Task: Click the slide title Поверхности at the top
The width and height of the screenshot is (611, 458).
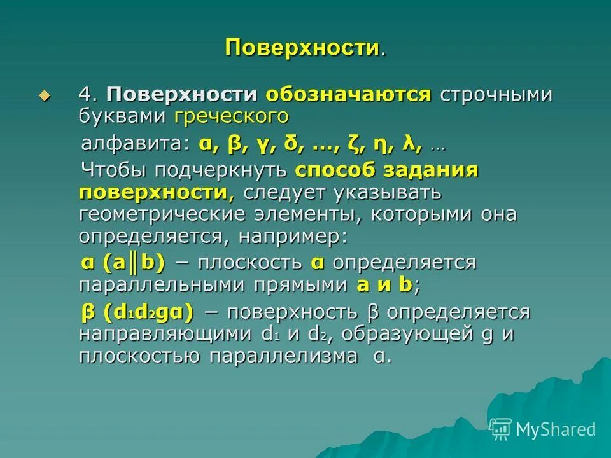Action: pos(304,48)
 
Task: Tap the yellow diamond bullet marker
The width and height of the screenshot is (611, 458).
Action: pos(44,95)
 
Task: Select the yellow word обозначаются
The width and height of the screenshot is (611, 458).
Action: pos(349,95)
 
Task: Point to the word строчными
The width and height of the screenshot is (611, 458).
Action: pos(495,95)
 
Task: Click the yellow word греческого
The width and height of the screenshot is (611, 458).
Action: pos(231,116)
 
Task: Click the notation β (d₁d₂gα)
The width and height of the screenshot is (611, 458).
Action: pos(136,312)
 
